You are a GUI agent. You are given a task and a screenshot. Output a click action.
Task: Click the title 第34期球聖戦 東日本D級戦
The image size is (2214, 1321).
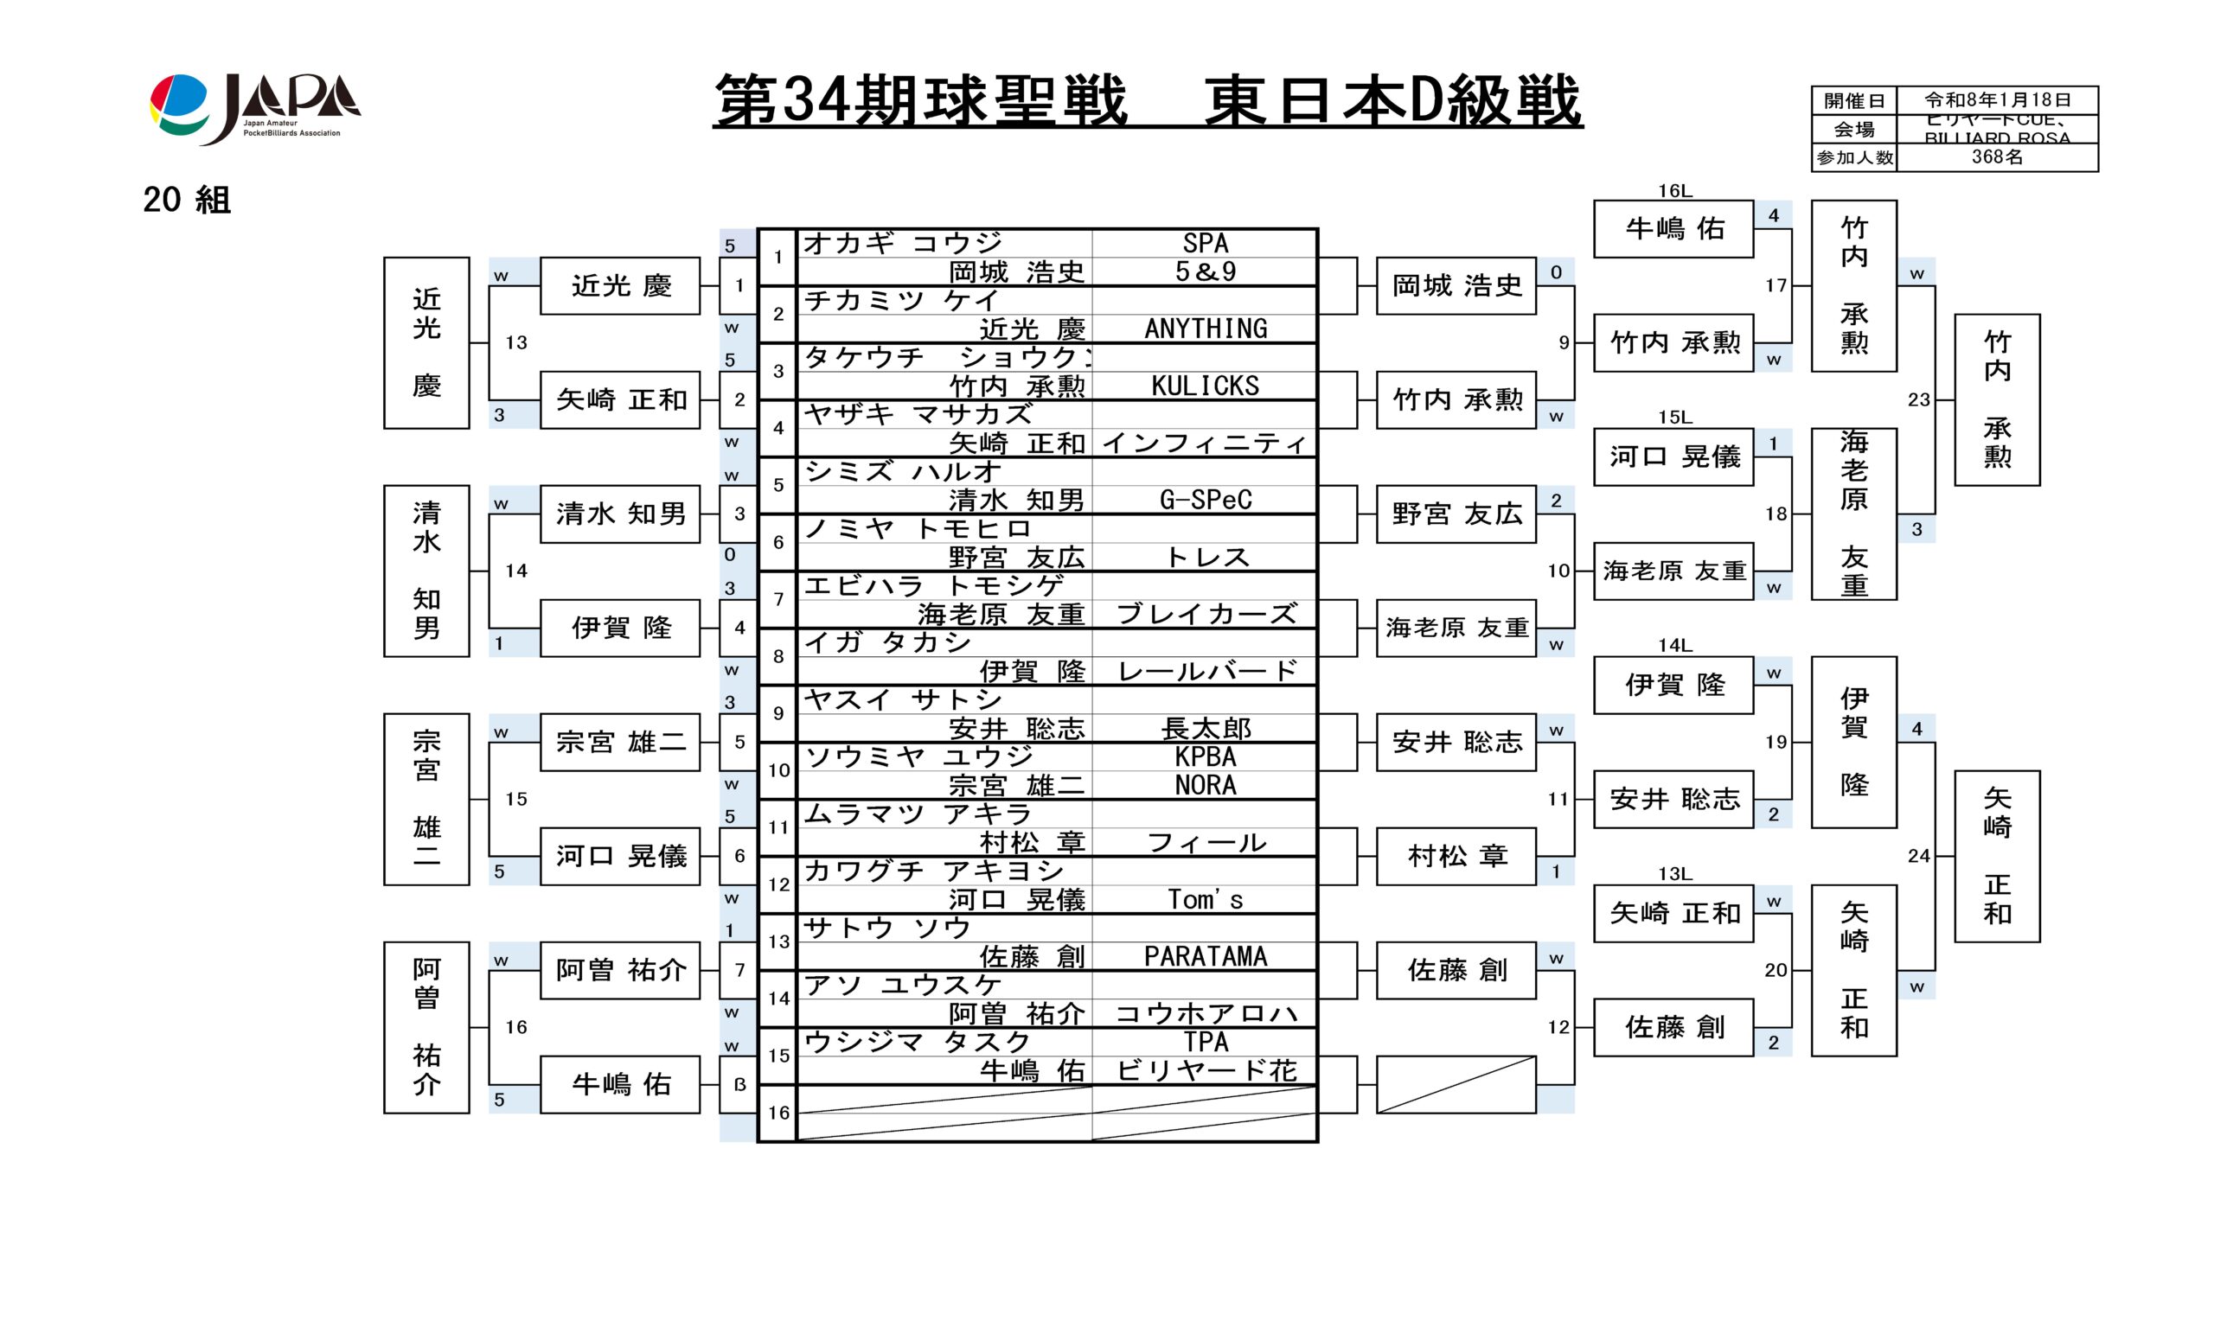[1147, 100]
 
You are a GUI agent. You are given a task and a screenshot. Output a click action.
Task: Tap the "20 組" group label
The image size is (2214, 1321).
[187, 201]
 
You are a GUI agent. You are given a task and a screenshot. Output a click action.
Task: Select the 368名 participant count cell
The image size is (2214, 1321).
[1997, 157]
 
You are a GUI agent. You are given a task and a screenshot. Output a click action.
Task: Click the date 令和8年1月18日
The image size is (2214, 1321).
[1997, 99]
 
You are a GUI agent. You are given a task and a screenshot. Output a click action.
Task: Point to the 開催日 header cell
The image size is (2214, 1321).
[1853, 100]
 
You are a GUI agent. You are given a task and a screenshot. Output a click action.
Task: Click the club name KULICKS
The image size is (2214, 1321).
[1205, 386]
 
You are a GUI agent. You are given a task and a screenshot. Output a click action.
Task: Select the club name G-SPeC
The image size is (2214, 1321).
[1205, 501]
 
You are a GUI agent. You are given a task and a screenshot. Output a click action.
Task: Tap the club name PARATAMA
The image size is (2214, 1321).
[1205, 957]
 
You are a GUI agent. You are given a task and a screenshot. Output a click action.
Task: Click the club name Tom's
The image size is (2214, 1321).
[1205, 900]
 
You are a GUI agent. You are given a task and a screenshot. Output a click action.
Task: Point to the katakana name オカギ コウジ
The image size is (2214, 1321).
[903, 243]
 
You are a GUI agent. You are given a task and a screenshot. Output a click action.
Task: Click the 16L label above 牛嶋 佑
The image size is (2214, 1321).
[1673, 191]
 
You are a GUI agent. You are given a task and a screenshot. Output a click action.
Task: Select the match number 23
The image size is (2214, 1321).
[1918, 399]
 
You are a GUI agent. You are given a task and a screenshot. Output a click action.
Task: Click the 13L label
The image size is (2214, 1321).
[1673, 874]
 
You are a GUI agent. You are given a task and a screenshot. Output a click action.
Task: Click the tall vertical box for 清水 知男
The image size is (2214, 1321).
[426, 571]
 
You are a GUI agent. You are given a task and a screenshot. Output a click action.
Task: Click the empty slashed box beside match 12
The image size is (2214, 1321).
[1456, 1084]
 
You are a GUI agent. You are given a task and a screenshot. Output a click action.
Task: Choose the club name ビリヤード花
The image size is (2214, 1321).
[1205, 1071]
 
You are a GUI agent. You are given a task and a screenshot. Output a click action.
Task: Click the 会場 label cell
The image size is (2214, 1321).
[1853, 130]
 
